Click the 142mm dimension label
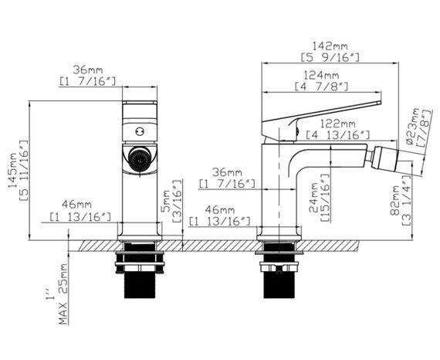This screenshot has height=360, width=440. point(327,46)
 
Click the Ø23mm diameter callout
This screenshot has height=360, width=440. point(423,125)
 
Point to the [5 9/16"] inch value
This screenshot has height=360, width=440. point(327,58)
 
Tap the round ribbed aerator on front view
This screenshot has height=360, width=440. point(139,159)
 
